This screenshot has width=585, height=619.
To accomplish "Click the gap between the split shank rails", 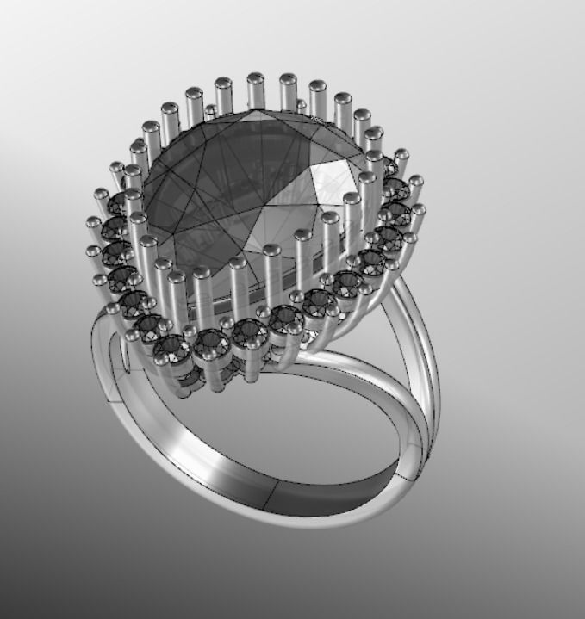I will tap(414, 344).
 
